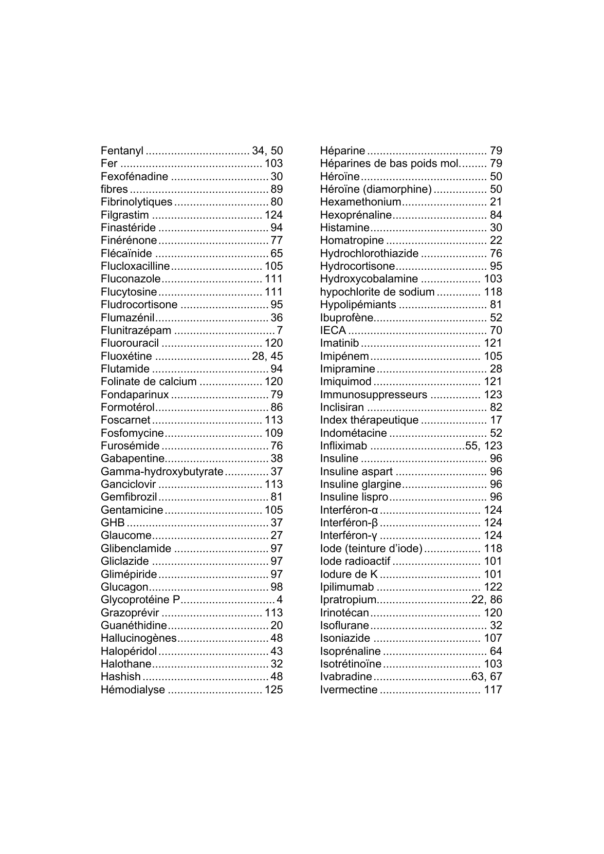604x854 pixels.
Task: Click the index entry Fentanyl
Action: (x=122, y=151)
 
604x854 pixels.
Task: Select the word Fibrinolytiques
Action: (x=136, y=202)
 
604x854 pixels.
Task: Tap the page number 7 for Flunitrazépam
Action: (x=280, y=331)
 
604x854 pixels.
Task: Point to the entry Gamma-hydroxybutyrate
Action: (x=162, y=471)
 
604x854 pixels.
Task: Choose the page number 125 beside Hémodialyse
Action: (x=274, y=689)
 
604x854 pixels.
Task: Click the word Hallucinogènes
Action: (x=138, y=638)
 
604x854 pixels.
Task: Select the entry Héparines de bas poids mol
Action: (x=389, y=164)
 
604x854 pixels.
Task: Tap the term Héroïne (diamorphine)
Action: (x=376, y=189)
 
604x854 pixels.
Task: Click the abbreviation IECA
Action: (x=333, y=331)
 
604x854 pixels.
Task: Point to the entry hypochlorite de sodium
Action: (x=377, y=292)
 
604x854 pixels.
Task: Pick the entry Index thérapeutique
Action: (x=369, y=420)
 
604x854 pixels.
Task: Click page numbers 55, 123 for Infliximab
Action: (x=484, y=446)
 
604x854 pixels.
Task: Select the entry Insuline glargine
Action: (x=360, y=484)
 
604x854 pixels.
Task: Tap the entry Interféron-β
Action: (x=349, y=523)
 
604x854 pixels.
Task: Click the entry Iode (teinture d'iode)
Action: (x=371, y=549)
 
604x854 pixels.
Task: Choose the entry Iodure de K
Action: (x=349, y=575)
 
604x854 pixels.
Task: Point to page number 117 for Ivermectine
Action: (x=493, y=689)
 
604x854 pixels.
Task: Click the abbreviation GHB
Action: (x=113, y=523)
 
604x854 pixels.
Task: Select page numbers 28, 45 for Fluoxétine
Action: (x=267, y=356)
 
